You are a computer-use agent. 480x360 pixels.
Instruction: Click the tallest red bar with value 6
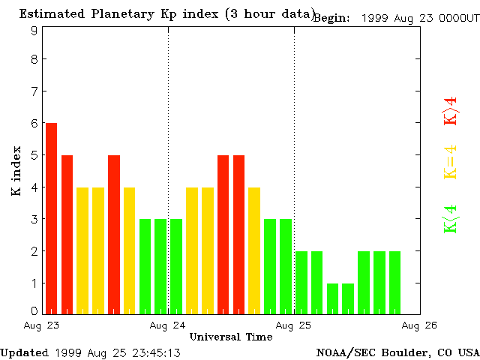pos(51,217)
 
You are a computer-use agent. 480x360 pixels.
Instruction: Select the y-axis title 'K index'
pos(16,172)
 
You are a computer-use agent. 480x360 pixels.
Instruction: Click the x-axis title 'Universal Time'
pos(230,337)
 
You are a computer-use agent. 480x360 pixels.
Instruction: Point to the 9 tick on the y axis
pos(34,31)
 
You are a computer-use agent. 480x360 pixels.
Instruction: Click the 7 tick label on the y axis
pos(34,91)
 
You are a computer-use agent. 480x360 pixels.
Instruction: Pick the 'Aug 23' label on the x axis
pos(42,326)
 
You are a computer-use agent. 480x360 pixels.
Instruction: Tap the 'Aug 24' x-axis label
pos(168,326)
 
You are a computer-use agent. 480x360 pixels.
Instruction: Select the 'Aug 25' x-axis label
pos(294,326)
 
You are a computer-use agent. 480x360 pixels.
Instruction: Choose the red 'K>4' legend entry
pos(450,111)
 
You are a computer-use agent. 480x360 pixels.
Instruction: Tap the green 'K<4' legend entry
pos(450,218)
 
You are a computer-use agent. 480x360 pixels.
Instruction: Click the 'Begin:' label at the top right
pos(331,18)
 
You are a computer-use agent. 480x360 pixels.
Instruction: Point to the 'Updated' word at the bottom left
pos(24,352)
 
